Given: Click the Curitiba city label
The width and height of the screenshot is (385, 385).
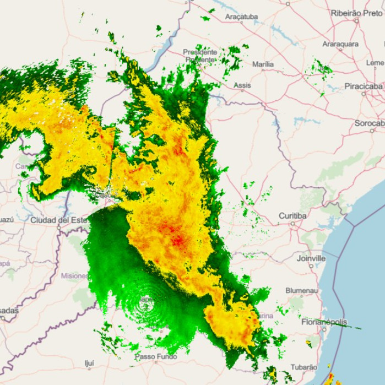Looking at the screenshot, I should point(292,216).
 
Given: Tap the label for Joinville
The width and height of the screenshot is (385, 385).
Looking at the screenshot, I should point(311,258).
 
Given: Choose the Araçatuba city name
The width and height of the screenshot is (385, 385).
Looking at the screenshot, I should point(241,17).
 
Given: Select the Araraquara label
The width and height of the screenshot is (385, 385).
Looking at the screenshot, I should point(340,44).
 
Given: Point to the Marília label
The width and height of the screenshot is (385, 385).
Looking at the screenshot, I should point(263,64).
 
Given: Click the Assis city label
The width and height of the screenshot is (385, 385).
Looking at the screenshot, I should point(242,85).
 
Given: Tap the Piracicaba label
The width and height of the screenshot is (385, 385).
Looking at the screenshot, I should point(364,86).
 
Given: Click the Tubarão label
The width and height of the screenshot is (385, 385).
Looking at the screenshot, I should point(304,366).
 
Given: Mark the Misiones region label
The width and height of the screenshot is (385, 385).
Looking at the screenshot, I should point(74,276).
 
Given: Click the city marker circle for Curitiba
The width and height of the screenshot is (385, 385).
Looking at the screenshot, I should point(292,224).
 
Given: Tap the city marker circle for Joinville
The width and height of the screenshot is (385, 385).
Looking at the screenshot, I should point(311,265).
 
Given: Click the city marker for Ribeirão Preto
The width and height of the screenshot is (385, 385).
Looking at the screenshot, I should point(356,20).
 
